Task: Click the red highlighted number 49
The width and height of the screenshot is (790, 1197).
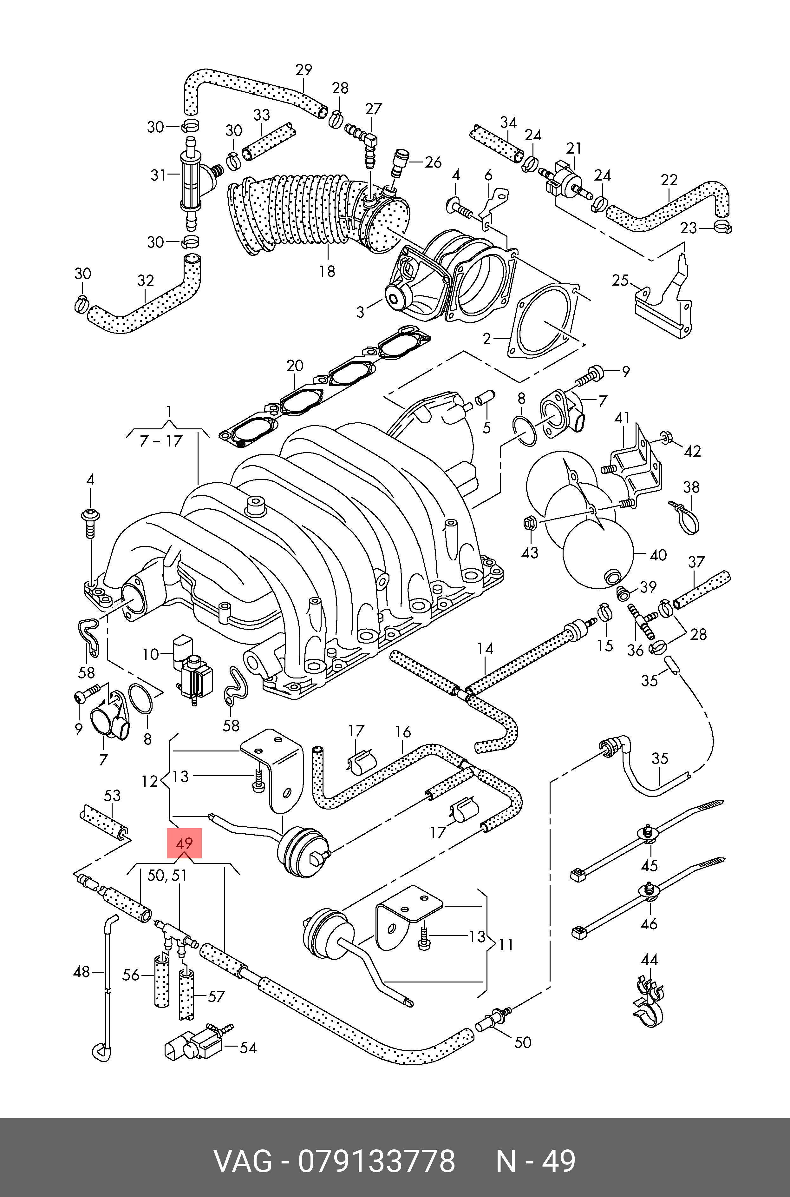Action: [184, 843]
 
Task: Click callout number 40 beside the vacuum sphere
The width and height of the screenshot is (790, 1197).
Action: [658, 555]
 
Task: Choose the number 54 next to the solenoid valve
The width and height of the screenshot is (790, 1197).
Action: [248, 1048]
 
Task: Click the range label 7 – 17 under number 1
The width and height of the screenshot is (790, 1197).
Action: [161, 441]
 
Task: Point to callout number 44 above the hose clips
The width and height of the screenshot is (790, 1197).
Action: [650, 959]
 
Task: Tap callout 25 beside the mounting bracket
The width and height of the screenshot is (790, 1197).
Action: [620, 280]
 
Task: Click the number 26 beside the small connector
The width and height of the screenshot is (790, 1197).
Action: [433, 162]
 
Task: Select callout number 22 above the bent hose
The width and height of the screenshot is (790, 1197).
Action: [669, 180]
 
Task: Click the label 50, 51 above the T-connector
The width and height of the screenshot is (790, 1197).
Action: [167, 876]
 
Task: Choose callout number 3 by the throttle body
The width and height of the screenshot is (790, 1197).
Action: [360, 312]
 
